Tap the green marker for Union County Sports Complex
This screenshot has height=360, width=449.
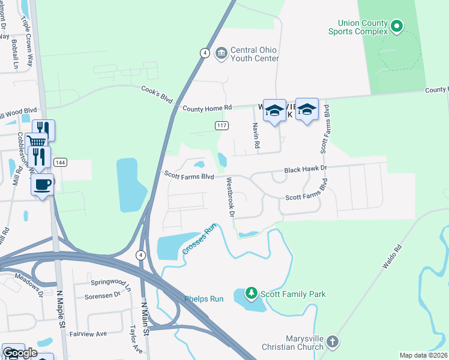tap(396, 26)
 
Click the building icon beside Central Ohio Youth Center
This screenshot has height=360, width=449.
tap(221, 54)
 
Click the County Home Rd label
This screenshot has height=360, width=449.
tap(206, 108)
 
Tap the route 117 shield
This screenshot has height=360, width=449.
tap(220, 125)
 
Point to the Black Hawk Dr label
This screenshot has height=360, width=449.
tap(306, 170)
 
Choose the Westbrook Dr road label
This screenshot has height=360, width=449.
tap(229, 197)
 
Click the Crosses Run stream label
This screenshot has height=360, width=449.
tap(199, 240)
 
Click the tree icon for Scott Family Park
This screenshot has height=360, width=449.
tap(252, 294)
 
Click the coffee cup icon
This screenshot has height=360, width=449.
tap(42, 184)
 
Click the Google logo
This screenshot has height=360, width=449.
tap(20, 353)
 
